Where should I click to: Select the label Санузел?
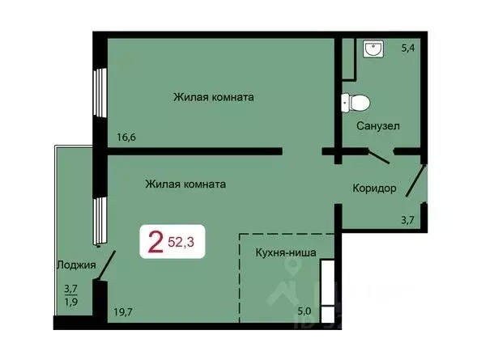click(x=377, y=127)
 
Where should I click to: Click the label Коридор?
click(x=374, y=188)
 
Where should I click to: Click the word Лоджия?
click(x=77, y=265)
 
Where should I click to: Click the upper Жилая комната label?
click(x=213, y=97)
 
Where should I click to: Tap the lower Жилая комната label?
click(x=185, y=184)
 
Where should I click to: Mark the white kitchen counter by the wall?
click(x=327, y=291)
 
